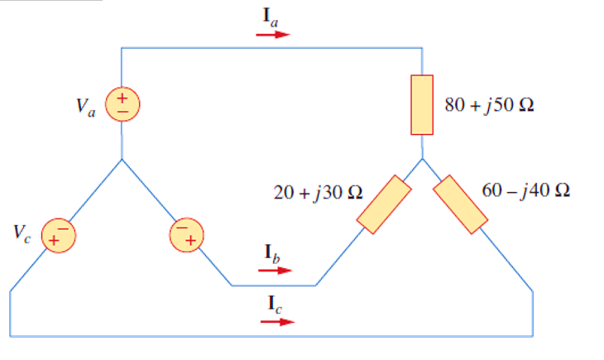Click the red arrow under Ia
tap(273, 36)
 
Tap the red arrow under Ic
tap(276, 321)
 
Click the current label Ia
tap(272, 17)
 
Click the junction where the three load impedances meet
tap(423, 159)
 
